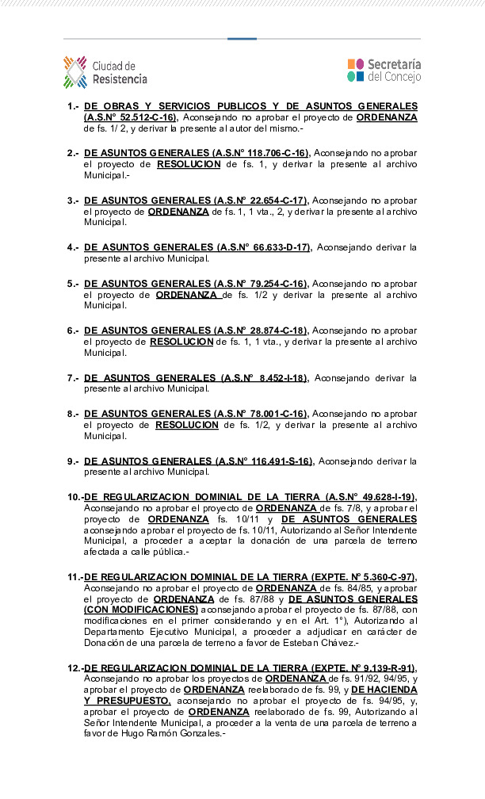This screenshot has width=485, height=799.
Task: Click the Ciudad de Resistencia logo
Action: pyautogui.click(x=105, y=72)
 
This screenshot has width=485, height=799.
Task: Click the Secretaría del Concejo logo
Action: pyautogui.click(x=384, y=71)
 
